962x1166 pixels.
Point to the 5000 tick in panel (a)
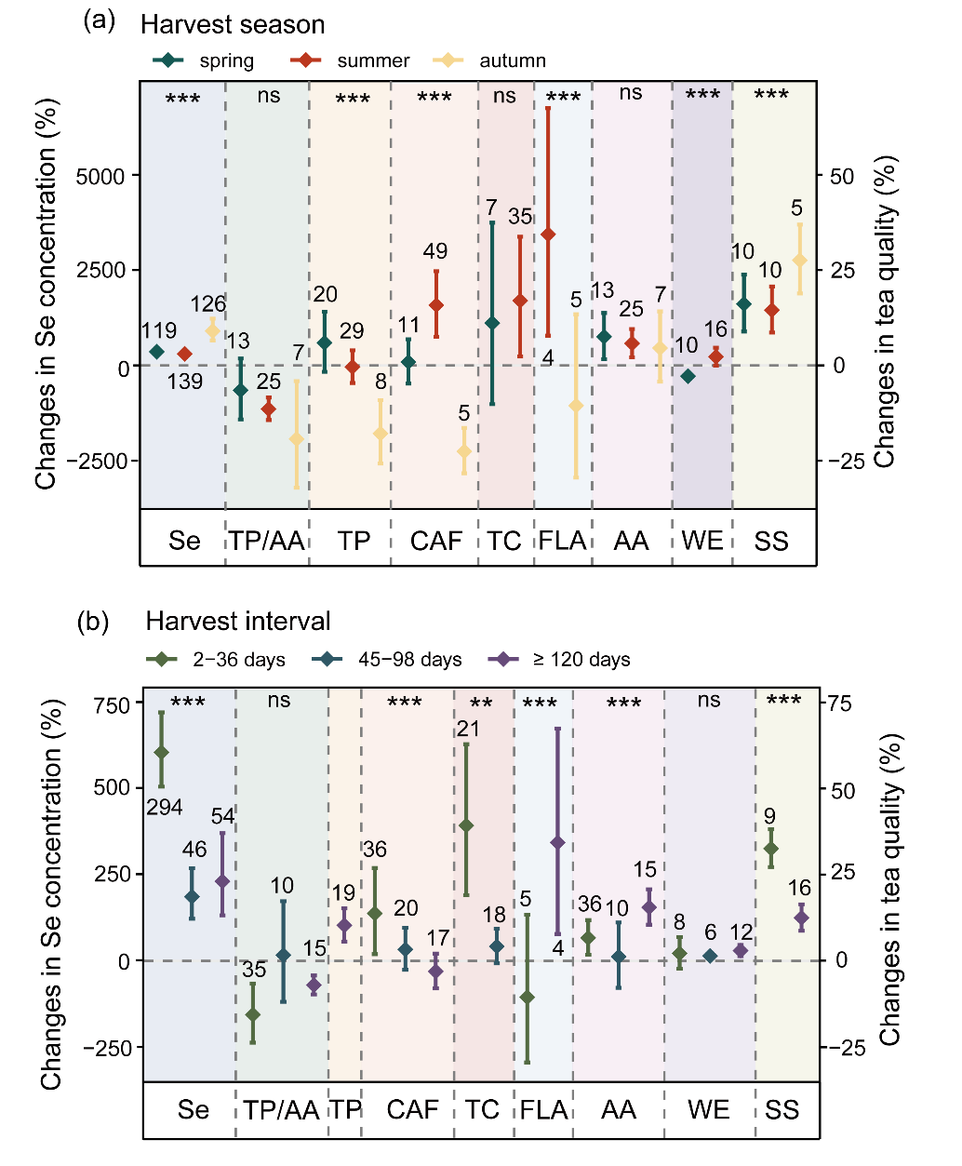click(100, 176)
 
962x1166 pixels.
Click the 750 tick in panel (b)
click(112, 704)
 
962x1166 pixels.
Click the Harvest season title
click(233, 25)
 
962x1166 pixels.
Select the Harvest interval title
click(238, 622)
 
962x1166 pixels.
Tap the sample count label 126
click(208, 304)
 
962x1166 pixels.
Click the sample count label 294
click(165, 808)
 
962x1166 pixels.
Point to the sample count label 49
click(435, 251)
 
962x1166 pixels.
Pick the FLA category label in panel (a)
click(562, 541)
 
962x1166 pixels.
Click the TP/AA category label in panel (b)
click(282, 1110)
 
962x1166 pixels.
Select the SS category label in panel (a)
click(771, 541)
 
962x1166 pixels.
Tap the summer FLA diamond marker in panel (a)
click(548, 235)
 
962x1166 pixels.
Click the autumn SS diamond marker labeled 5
click(799, 261)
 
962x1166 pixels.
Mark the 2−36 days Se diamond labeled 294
click(161, 753)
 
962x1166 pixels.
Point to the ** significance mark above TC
click(481, 704)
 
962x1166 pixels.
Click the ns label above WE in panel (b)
click(709, 700)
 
